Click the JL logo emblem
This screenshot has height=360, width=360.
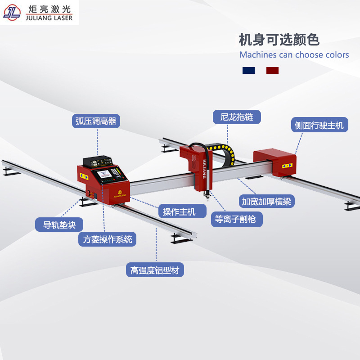tap(12, 13)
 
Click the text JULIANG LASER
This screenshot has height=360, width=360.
tap(49, 18)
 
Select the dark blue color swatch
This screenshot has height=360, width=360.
tap(248, 70)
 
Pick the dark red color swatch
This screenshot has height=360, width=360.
tap(272, 70)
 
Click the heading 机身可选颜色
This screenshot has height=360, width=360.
tap(279, 40)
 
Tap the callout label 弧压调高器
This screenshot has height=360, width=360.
tap(96, 121)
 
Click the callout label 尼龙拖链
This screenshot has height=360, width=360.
tap(237, 117)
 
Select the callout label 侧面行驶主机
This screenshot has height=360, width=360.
tap(319, 125)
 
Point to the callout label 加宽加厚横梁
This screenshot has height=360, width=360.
tap(266, 201)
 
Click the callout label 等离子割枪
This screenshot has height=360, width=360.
tap(237, 219)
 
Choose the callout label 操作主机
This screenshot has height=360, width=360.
tap(182, 211)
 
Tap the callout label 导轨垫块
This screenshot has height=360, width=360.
tap(59, 225)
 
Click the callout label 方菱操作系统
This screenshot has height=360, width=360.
tap(107, 239)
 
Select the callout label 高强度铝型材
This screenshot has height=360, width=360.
tap(155, 270)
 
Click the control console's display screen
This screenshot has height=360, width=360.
tap(104, 174)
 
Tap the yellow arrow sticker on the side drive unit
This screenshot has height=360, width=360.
tap(287, 166)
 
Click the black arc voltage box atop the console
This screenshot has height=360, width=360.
tap(98, 162)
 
